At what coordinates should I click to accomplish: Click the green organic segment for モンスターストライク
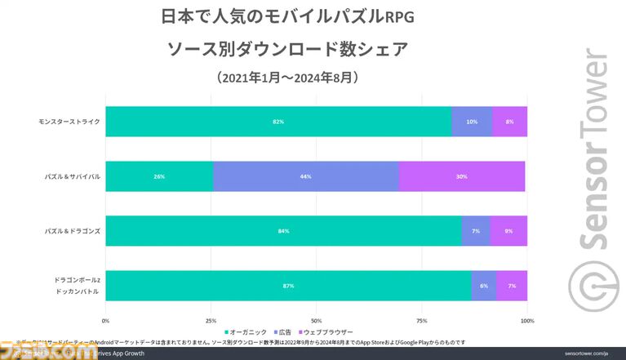pyautogui.click(x=277, y=122)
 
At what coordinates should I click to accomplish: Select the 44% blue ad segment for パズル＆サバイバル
pyautogui.click(x=306, y=176)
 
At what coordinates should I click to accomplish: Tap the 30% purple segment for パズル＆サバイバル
pyautogui.click(x=462, y=176)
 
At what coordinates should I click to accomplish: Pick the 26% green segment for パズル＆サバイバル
pyautogui.click(x=159, y=176)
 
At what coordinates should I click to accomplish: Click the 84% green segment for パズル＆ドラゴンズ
pyautogui.click(x=283, y=231)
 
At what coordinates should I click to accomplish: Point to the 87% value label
pyautogui.click(x=288, y=286)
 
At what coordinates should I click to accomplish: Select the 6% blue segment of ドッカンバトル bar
pyautogui.click(x=484, y=286)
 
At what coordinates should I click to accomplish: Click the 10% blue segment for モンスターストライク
pyautogui.click(x=472, y=122)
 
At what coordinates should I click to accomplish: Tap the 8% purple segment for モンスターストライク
pyautogui.click(x=510, y=122)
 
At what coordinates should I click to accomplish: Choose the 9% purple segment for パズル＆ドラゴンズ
pyautogui.click(x=508, y=231)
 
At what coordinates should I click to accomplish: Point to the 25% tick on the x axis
pyautogui.click(x=211, y=320)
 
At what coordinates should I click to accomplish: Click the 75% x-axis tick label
pyautogui.click(x=421, y=320)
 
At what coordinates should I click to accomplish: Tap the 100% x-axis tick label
pyautogui.click(x=526, y=320)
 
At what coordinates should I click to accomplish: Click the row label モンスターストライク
pyautogui.click(x=69, y=122)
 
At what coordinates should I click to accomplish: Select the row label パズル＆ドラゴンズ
pyautogui.click(x=73, y=231)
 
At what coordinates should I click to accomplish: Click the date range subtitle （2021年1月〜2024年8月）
pyautogui.click(x=289, y=78)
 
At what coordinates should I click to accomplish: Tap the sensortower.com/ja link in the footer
pyautogui.click(x=584, y=353)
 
